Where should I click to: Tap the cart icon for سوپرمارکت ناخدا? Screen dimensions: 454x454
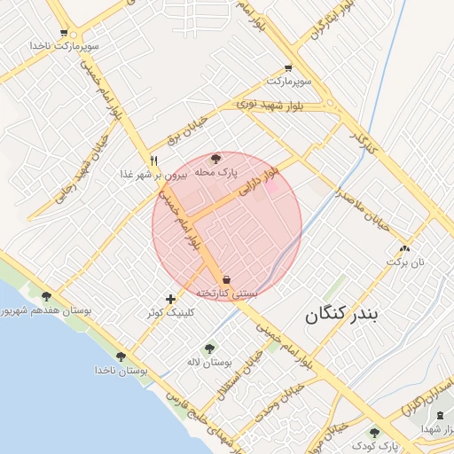[x=64, y=33]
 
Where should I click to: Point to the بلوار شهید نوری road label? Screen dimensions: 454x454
[x=270, y=106]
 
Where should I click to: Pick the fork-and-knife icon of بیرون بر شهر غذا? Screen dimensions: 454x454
[x=154, y=160]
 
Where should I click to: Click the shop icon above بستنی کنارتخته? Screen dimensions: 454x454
[x=227, y=280]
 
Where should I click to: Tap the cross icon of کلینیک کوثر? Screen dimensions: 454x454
[x=170, y=300]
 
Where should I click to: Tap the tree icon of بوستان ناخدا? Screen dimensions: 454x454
[x=121, y=356]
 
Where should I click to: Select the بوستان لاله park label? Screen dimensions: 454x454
[x=210, y=363]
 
